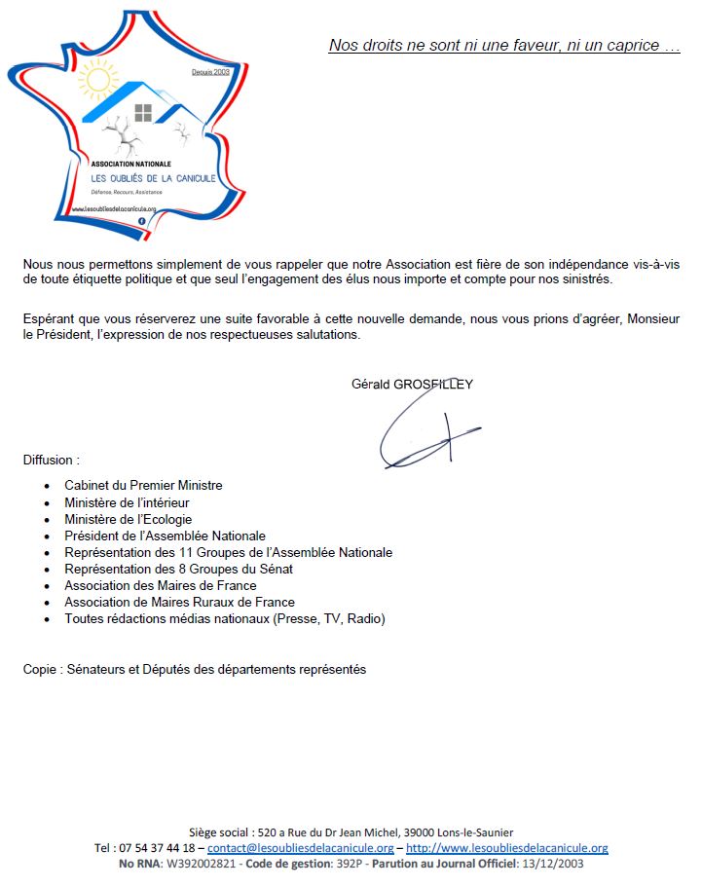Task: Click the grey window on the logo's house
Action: point(143,111)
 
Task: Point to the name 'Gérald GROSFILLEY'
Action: point(412,384)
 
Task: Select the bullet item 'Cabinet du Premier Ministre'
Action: point(143,485)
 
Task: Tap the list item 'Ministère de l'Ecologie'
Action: point(128,519)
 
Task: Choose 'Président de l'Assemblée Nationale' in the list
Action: point(165,536)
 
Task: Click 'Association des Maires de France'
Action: point(161,585)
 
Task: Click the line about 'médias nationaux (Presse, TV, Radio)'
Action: point(224,618)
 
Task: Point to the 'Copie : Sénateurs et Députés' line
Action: point(195,669)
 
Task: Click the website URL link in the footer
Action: point(506,848)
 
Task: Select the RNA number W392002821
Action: point(201,864)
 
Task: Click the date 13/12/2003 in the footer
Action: point(551,864)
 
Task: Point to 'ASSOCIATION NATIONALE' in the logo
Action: point(130,164)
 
